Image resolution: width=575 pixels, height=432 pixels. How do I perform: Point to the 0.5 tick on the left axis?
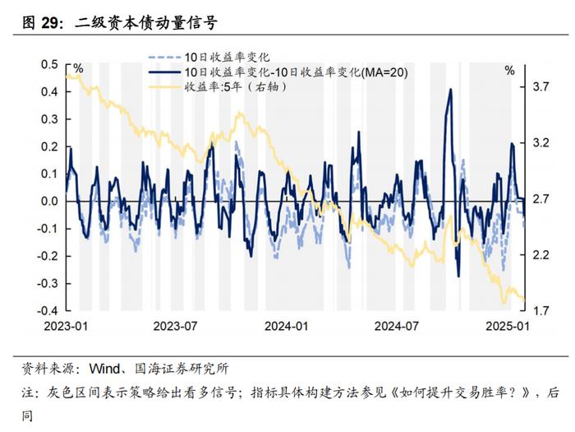pyautogui.click(x=49, y=64)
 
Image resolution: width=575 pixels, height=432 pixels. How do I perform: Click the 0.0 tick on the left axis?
pyautogui.click(x=49, y=201)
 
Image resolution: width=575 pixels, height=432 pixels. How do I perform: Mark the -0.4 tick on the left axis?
pyautogui.click(x=48, y=310)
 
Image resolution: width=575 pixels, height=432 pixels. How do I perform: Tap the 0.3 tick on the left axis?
pyautogui.click(x=49, y=118)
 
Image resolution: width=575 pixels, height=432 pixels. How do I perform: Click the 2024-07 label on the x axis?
pyautogui.click(x=397, y=326)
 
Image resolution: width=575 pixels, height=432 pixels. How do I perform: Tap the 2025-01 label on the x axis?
pyautogui.click(x=506, y=326)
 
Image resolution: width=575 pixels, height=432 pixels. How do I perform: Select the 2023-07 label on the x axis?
pyautogui.click(x=177, y=326)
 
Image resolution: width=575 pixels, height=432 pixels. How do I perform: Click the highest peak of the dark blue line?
pyautogui.click(x=450, y=90)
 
